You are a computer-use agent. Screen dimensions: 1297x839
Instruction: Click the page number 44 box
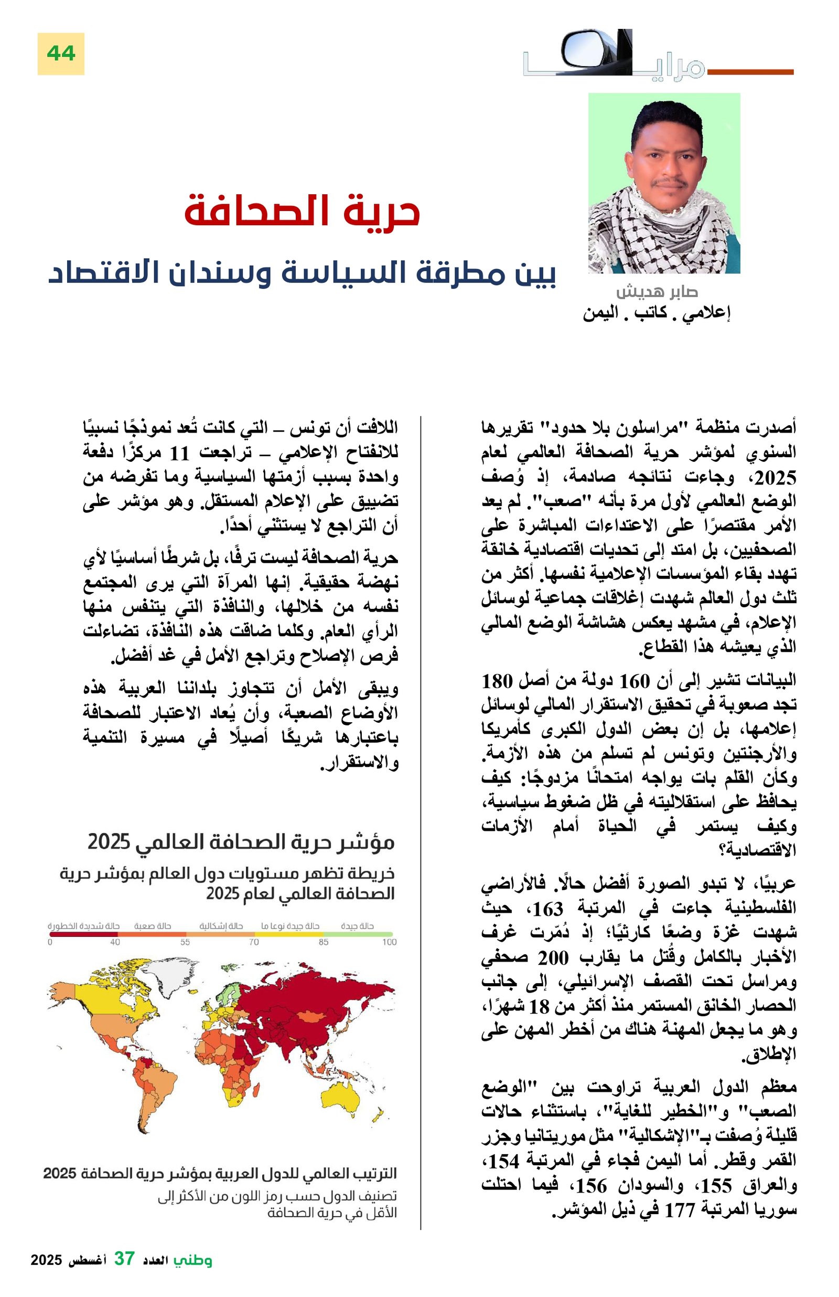(60, 54)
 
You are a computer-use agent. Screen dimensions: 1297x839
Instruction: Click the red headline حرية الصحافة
(302, 212)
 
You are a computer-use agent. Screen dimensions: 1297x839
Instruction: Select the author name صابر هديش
(656, 291)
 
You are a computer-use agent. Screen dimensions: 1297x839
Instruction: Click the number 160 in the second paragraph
(635, 681)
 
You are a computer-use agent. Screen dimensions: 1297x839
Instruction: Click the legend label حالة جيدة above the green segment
(357, 926)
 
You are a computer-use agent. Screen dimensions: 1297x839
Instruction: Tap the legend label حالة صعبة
(153, 926)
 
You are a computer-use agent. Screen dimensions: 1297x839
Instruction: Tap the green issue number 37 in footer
(124, 1259)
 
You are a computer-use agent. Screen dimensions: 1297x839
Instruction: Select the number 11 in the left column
(180, 453)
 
